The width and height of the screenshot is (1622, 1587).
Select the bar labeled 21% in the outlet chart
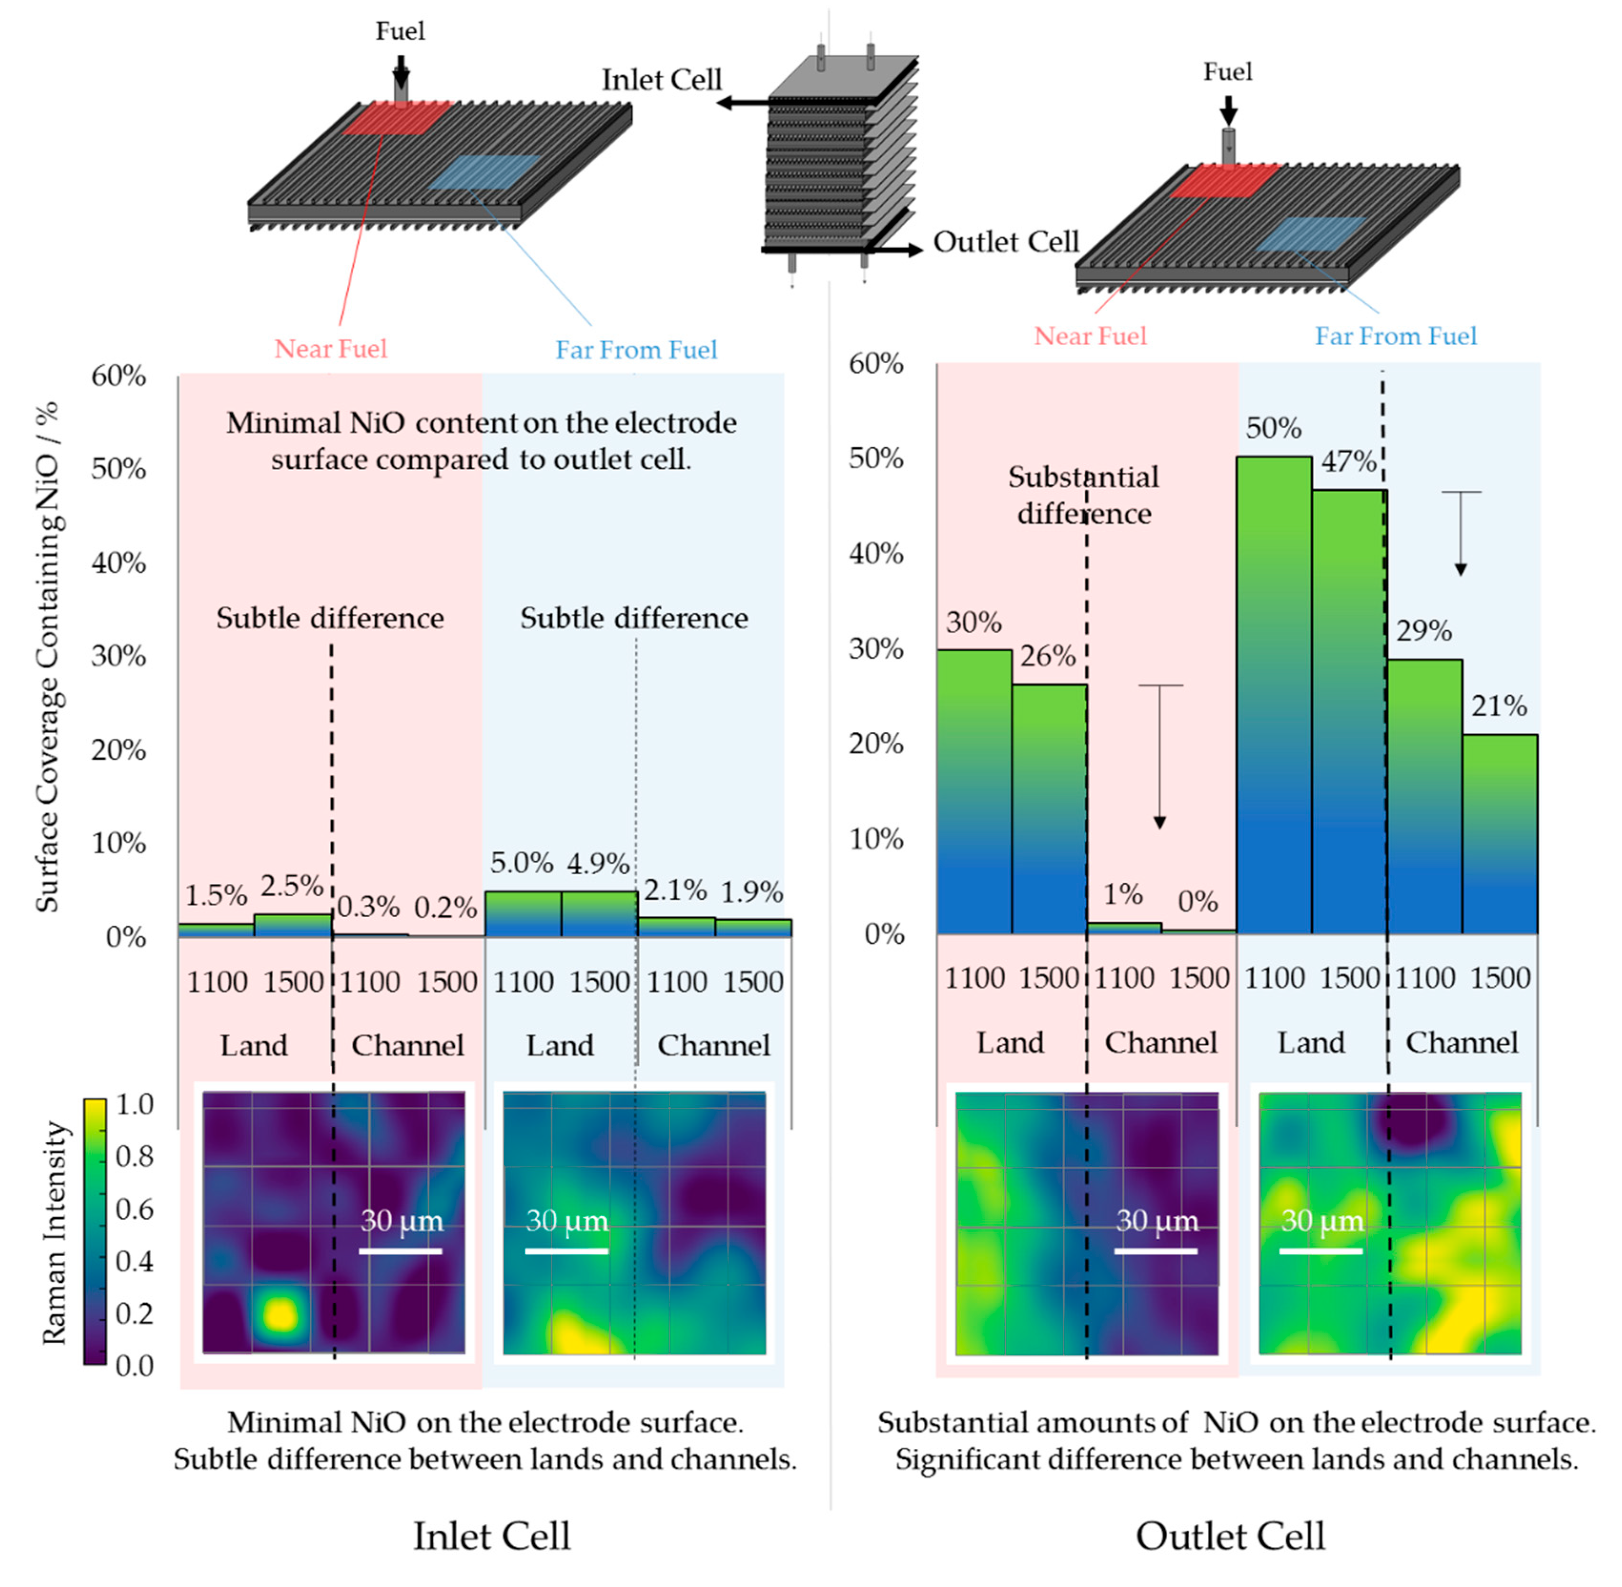[x=1500, y=833]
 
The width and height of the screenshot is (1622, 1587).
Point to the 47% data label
[x=1348, y=461]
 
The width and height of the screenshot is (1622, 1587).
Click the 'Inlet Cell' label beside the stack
[x=662, y=80]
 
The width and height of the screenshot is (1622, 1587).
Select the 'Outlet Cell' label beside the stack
[x=1005, y=242]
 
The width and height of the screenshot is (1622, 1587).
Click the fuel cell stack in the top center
[x=840, y=158]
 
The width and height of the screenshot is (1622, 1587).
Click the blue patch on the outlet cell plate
[x=1310, y=234]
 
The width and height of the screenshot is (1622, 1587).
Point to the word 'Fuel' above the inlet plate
[x=400, y=31]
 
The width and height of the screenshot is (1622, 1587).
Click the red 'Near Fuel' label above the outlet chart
[x=1090, y=336]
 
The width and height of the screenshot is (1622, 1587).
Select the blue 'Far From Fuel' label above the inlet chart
[x=636, y=349]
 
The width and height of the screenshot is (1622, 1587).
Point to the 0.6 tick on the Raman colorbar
[x=134, y=1208]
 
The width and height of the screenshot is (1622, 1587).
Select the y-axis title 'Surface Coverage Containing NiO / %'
[x=48, y=658]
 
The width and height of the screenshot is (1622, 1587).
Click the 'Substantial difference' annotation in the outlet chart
[x=1083, y=495]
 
